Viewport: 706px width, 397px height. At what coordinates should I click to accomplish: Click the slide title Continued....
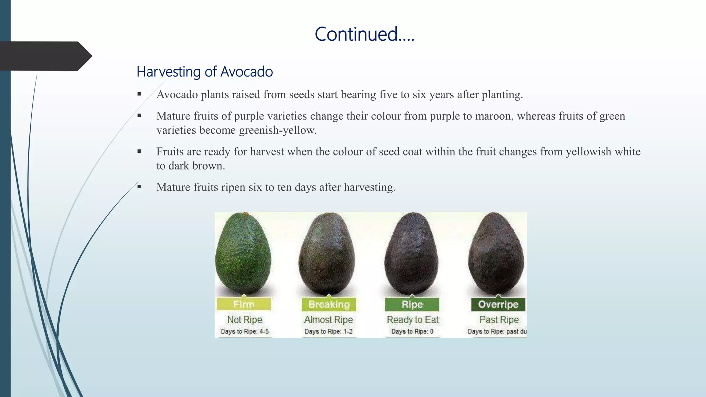click(364, 34)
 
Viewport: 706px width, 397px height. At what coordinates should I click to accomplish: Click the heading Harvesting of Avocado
click(204, 72)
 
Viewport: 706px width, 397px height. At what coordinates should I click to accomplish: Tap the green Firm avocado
click(243, 255)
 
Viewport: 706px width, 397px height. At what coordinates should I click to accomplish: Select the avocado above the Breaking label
click(327, 255)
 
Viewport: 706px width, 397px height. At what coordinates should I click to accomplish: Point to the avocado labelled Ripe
click(412, 255)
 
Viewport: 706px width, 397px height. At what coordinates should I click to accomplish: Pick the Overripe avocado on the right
click(496, 255)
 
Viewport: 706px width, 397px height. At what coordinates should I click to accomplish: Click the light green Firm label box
click(244, 304)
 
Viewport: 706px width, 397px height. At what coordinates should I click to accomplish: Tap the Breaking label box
click(329, 304)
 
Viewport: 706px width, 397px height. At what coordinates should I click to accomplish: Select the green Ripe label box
click(412, 304)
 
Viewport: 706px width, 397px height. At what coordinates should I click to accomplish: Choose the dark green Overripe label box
click(498, 304)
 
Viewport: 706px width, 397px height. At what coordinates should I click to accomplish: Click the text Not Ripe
click(244, 319)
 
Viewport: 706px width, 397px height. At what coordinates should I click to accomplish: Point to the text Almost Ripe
click(328, 319)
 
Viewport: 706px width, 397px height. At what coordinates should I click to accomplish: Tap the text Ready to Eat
click(413, 319)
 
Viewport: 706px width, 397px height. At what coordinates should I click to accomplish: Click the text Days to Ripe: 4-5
click(244, 331)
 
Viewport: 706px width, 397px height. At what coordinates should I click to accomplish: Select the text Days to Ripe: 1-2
click(328, 331)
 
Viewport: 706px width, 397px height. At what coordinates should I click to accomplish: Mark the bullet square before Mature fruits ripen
click(139, 187)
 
